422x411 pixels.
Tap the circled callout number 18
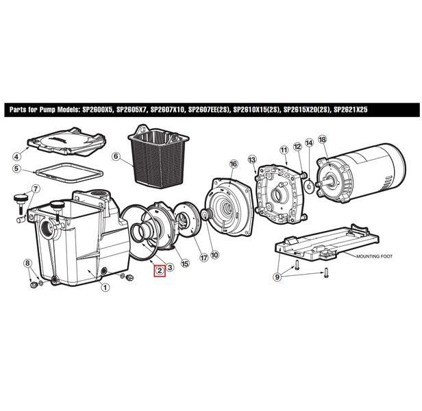[322, 139]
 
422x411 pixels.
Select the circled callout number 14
[309, 142]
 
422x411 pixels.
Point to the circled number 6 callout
[116, 156]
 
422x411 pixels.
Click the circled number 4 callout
[16, 156]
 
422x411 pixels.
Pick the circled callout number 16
[234, 164]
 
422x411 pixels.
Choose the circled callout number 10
[214, 255]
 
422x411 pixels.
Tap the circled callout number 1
[105, 288]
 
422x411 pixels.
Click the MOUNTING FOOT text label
[374, 256]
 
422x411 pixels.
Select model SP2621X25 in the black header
[351, 110]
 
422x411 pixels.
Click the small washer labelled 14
[309, 186]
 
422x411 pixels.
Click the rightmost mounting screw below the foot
[326, 273]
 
